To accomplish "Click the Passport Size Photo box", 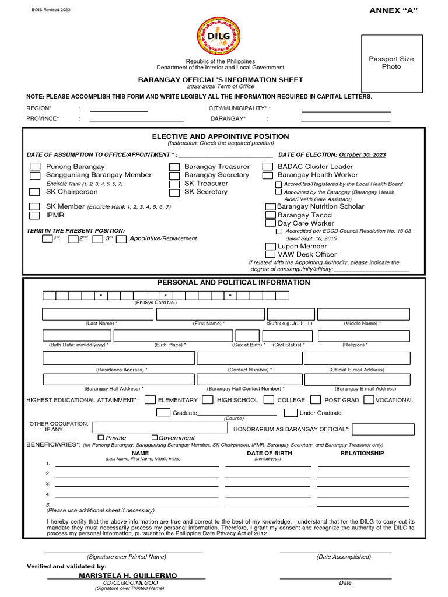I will point(391,64).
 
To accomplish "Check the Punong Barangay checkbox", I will point(35,167).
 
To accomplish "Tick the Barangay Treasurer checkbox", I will point(174,167).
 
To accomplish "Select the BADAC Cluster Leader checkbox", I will point(268,167).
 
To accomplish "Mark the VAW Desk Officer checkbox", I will point(270,254).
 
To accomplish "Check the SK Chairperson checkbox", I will point(35,192).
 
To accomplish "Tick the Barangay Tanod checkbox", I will point(270,215).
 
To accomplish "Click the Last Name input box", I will point(97,314).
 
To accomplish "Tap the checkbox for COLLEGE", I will point(269,400).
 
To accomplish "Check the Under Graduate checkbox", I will point(290,413).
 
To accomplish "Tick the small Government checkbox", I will point(155,437).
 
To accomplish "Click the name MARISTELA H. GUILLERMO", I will point(128,575).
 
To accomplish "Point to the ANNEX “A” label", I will point(394,10).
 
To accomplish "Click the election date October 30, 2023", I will point(362,155).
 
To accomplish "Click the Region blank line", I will point(118,108).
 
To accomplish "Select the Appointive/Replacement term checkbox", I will point(121,238).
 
